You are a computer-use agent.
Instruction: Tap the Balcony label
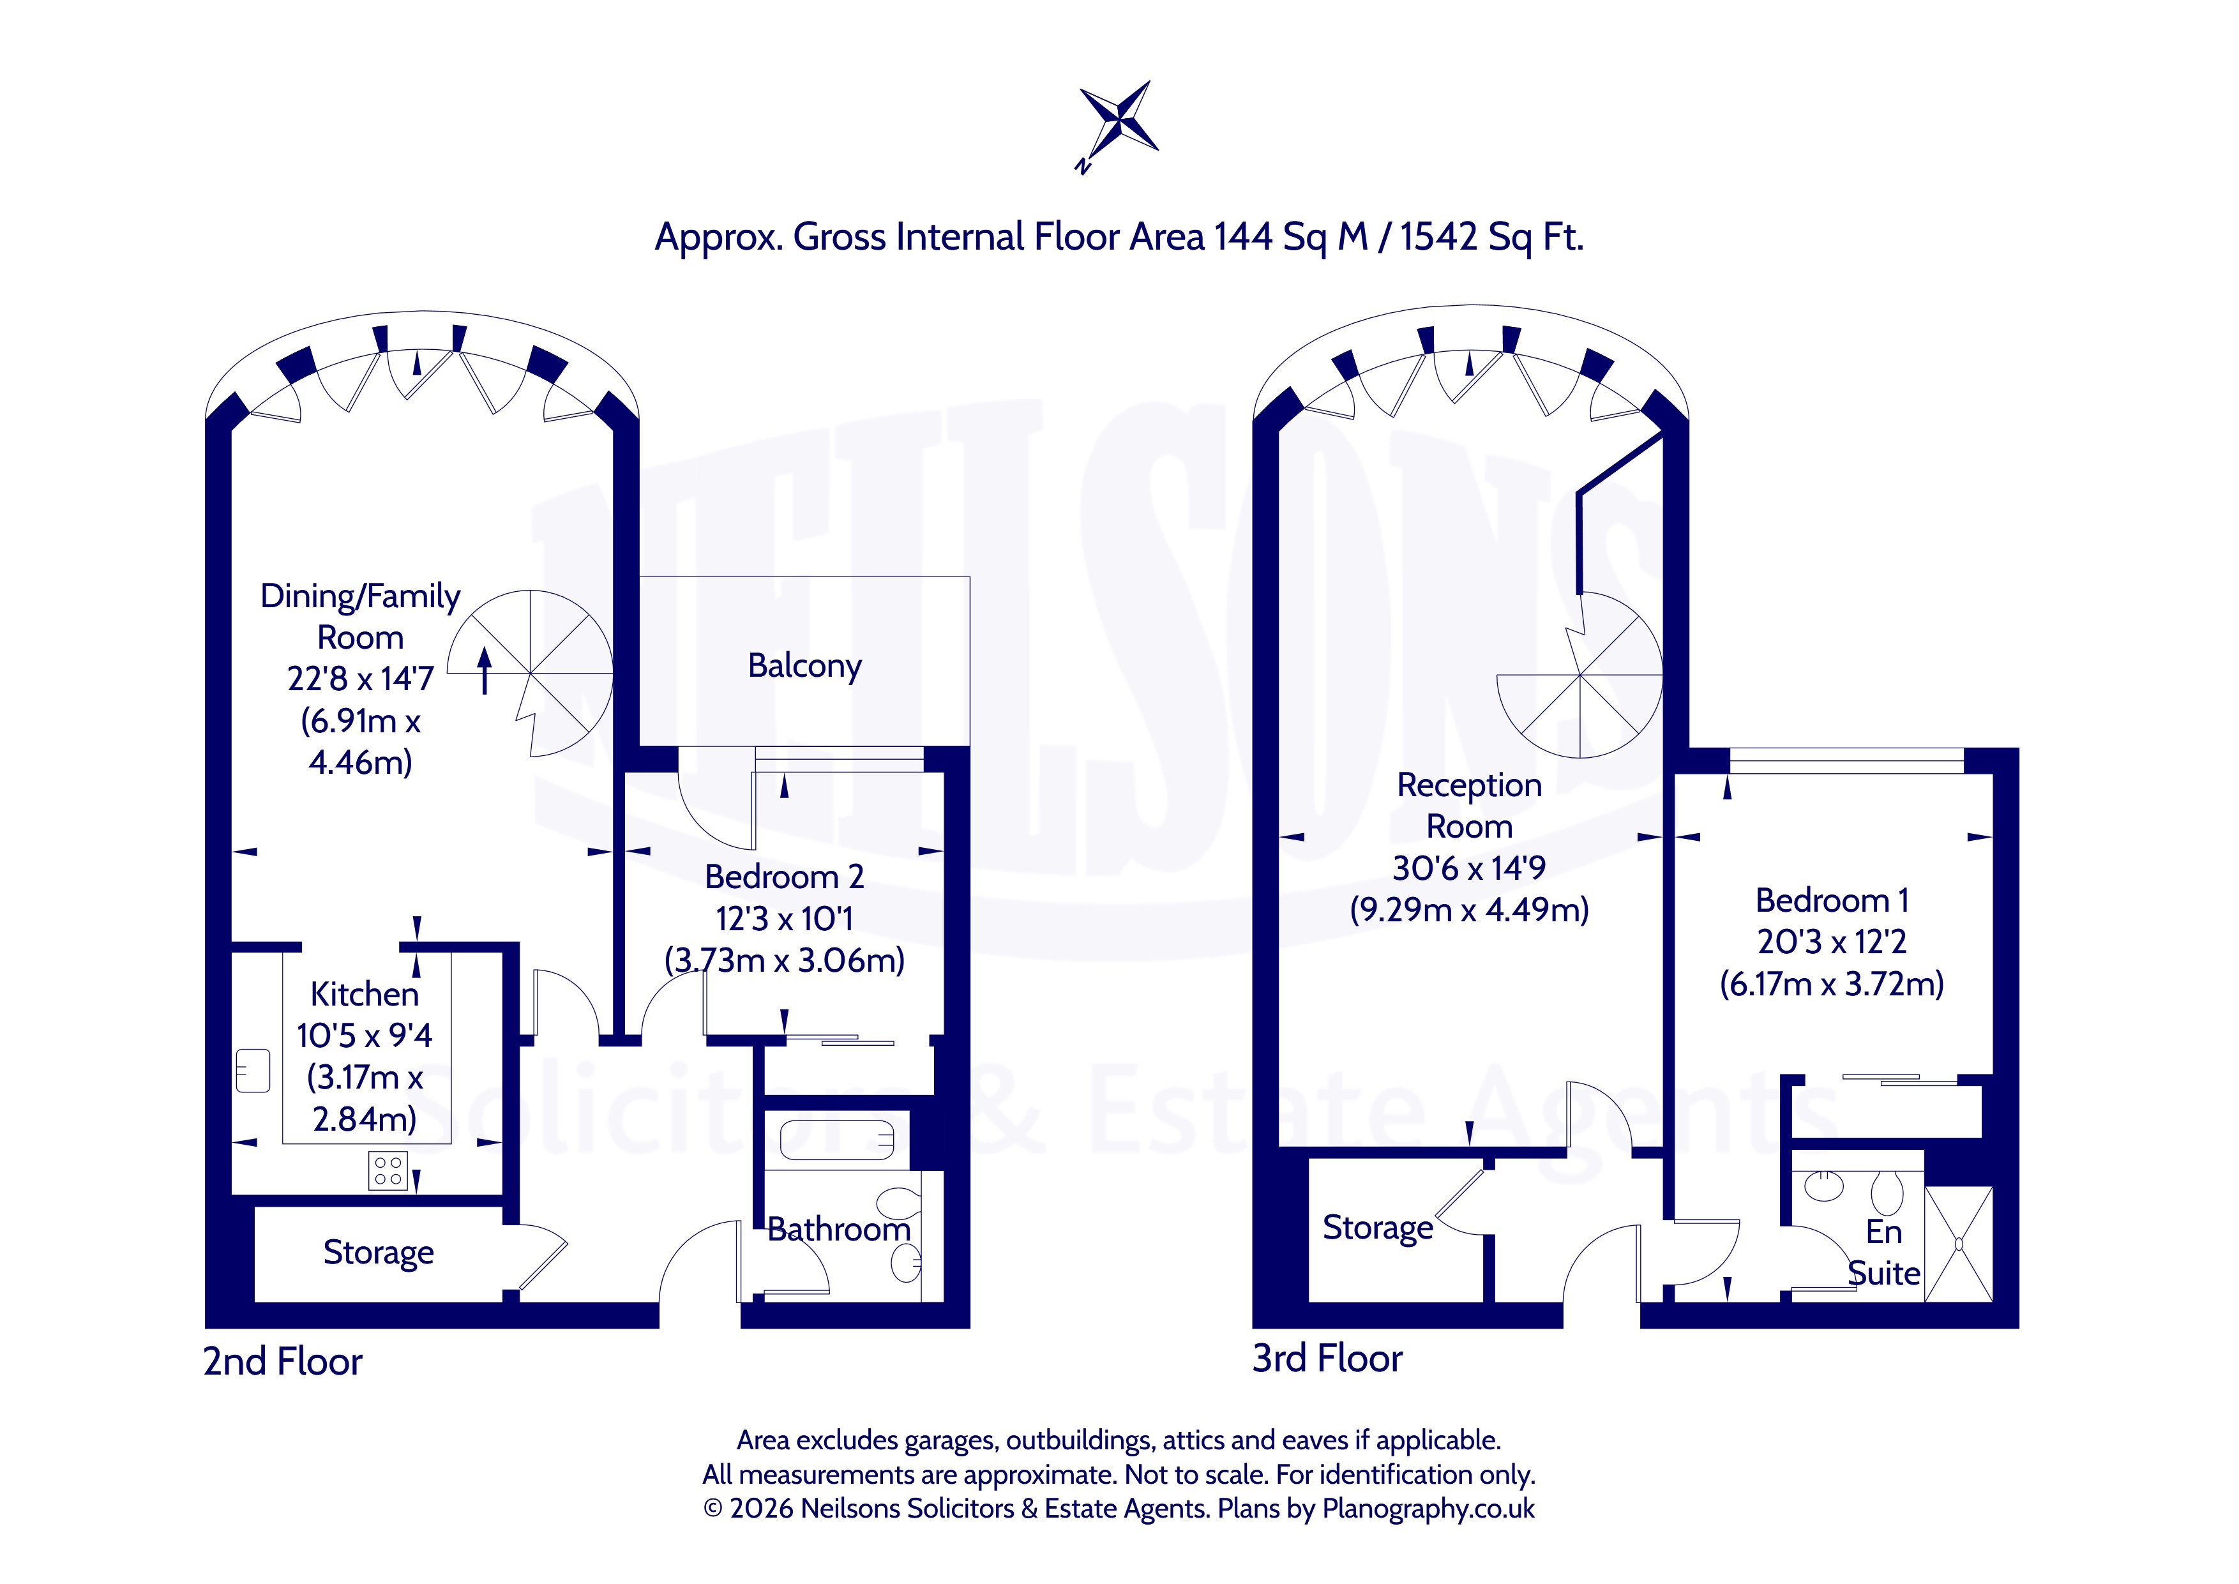(804, 666)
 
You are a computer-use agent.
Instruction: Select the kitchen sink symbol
(253, 1070)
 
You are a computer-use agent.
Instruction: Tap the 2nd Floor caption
(283, 1362)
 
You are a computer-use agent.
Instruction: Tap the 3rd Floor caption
(1327, 1359)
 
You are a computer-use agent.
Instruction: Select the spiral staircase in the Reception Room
(1579, 675)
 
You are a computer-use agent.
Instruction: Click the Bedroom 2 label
(784, 877)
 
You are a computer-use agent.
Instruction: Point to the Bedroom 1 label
(1832, 900)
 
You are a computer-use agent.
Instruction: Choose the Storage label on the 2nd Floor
(379, 1253)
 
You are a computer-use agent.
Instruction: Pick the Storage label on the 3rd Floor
(1378, 1228)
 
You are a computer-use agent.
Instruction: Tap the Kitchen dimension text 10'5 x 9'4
(365, 1036)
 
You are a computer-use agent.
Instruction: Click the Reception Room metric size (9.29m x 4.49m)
(1470, 910)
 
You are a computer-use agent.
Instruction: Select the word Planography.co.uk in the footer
(1429, 1509)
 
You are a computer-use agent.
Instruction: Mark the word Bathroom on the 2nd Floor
(839, 1230)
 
